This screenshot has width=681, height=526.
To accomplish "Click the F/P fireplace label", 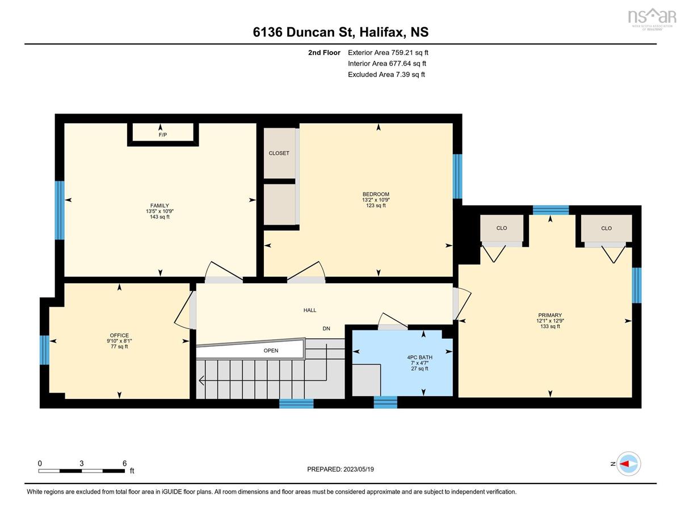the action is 163,135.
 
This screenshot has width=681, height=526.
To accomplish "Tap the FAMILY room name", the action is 159,206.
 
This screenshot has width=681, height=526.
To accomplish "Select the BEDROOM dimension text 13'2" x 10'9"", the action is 376,200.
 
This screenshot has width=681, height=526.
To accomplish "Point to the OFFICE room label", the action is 119,335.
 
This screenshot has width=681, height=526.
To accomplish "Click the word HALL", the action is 310,310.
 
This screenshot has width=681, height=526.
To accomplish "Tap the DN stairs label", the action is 326,329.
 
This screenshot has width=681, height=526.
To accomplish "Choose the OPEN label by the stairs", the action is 271,351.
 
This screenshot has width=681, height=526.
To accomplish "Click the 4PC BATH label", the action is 419,357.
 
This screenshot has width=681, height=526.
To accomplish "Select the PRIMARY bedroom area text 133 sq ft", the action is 550,326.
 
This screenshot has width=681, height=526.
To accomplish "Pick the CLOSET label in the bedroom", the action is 279,153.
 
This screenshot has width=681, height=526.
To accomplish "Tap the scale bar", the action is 82,471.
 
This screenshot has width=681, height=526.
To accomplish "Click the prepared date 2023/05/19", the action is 359,469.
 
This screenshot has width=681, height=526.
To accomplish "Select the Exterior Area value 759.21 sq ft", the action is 410,53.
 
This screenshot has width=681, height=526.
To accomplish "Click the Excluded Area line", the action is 386,74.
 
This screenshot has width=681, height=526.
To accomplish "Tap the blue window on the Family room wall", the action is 60,210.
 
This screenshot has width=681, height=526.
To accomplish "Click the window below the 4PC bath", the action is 385,402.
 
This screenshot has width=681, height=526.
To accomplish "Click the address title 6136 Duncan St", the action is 302,32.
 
